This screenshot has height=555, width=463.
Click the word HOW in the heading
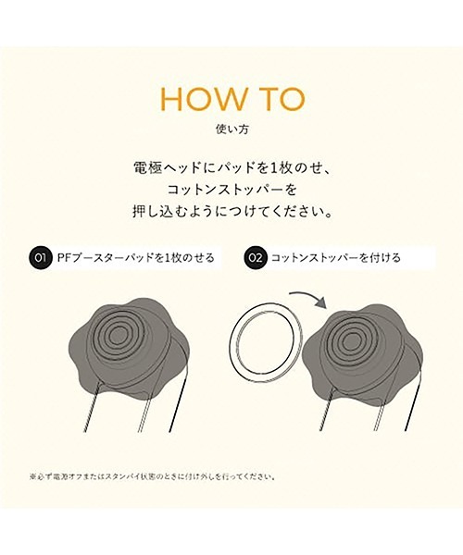[196, 99]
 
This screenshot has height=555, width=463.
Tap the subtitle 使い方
[231, 129]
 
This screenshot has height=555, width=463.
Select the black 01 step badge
[40, 258]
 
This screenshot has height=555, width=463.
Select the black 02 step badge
[256, 258]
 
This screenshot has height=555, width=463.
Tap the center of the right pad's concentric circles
[355, 335]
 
